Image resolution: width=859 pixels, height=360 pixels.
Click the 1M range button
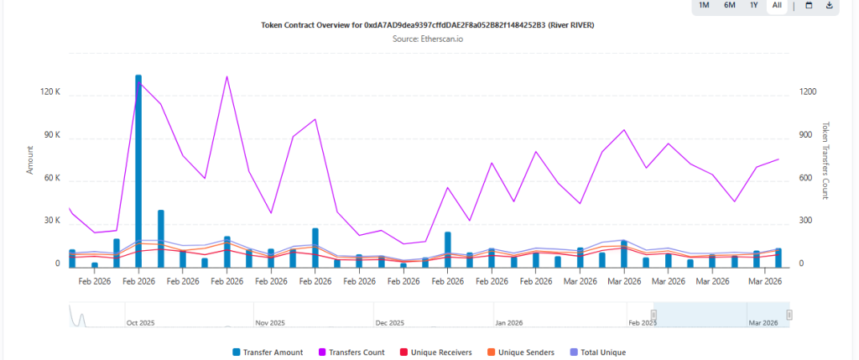coord(704,6)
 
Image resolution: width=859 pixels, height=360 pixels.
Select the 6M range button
coord(730,6)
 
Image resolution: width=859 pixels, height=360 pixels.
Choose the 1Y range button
coord(754,6)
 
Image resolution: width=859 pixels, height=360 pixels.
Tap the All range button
coord(778,6)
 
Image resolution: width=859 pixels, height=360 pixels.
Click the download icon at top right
coord(830,6)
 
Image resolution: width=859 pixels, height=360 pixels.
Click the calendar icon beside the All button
coord(809,6)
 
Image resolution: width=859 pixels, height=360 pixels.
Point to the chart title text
coord(429,25)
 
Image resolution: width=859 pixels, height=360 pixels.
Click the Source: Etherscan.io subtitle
coord(429,39)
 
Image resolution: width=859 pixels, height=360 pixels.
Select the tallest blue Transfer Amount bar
coord(138,168)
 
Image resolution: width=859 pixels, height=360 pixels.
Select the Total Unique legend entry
coord(597,352)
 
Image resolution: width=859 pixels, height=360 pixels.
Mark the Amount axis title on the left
coord(30,159)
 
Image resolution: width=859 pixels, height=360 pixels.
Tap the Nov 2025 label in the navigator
coord(271,322)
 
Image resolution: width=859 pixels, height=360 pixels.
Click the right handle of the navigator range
coord(789,315)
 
